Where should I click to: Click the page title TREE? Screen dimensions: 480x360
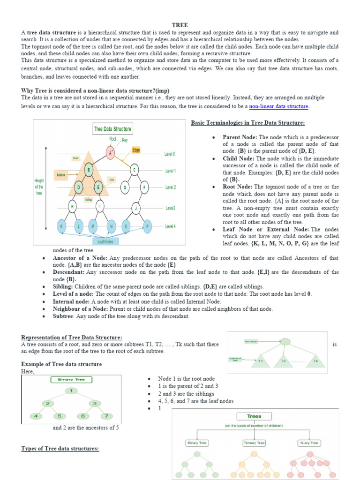pyautogui.click(x=180, y=25)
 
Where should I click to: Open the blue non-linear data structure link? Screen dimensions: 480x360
pyautogui.click(x=278, y=106)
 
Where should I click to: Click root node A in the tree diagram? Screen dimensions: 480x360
pyautogui.click(x=110, y=153)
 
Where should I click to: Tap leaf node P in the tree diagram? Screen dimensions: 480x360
pyautogui.click(x=147, y=226)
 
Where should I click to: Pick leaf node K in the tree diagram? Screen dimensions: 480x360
pyautogui.click(x=61, y=226)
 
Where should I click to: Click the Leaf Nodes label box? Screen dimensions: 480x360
pyautogui.click(x=105, y=241)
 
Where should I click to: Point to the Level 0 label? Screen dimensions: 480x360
pyautogui.click(x=170, y=154)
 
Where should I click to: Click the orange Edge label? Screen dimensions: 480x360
pyautogui.click(x=136, y=150)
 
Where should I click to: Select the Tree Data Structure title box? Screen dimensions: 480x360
pyautogui.click(x=112, y=129)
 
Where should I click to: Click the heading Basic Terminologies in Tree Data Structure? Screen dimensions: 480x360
pyautogui.click(x=248, y=123)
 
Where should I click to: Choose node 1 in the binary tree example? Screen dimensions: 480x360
pyautogui.click(x=71, y=390)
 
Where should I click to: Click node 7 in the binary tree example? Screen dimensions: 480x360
pyautogui.click(x=106, y=415)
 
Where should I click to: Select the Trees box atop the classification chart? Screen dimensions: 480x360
pyautogui.click(x=254, y=416)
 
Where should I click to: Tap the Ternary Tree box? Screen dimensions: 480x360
pyautogui.click(x=254, y=442)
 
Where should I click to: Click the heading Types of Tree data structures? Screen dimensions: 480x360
pyautogui.click(x=60, y=449)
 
